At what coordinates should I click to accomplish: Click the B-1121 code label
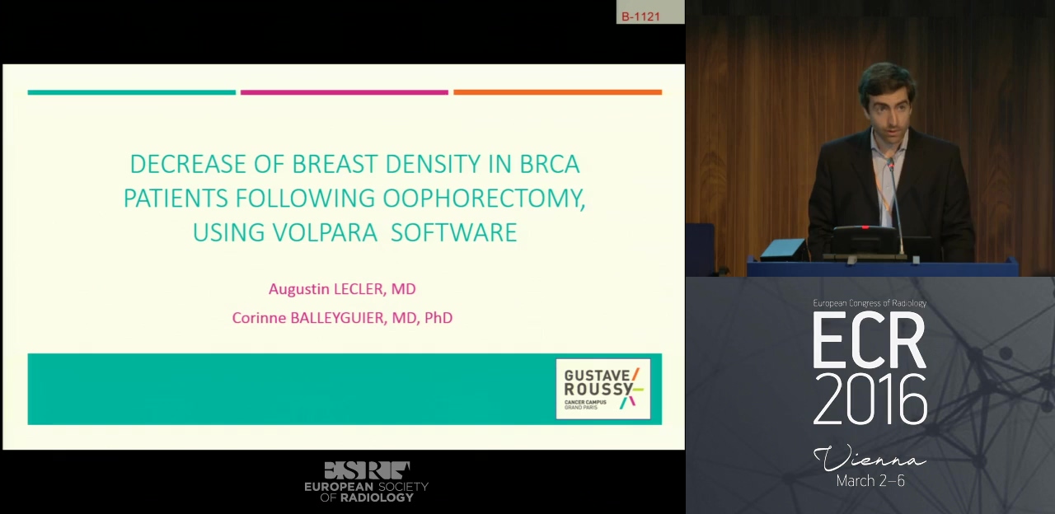pos(640,16)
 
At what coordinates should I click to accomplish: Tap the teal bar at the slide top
pos(131,92)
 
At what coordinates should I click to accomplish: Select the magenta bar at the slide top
pos(345,92)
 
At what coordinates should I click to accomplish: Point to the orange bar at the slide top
pos(558,92)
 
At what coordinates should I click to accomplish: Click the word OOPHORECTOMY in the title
pos(484,199)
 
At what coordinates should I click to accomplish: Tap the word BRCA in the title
pos(549,164)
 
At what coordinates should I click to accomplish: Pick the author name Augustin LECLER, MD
pos(342,289)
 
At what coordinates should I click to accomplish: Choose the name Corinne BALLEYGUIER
pos(308,318)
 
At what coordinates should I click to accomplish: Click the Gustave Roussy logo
pos(603,389)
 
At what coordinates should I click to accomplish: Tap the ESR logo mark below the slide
pos(367,470)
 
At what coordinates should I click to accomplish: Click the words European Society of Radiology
pos(367,492)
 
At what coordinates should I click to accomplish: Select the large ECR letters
pos(869,340)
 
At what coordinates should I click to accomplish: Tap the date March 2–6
pos(870,480)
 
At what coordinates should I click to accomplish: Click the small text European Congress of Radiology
pos(870,303)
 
